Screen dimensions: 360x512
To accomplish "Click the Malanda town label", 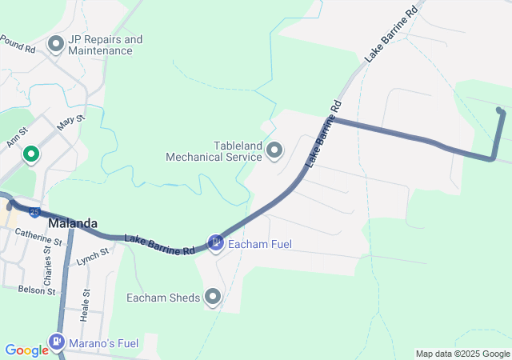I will pyautogui.click(x=72, y=223).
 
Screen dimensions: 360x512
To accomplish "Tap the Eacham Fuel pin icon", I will pyautogui.click(x=215, y=242).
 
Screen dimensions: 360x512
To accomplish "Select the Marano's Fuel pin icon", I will pyautogui.click(x=57, y=343).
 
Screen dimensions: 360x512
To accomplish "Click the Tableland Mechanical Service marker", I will pyautogui.click(x=274, y=150).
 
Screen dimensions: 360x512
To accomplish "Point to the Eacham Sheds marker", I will pyautogui.click(x=213, y=298).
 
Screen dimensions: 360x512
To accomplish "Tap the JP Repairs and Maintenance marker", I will pyautogui.click(x=56, y=44).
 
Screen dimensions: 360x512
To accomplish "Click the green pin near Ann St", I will pyautogui.click(x=31, y=154).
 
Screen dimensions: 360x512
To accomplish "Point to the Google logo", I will pyautogui.click(x=26, y=350).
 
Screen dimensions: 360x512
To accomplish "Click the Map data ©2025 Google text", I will pyautogui.click(x=462, y=354).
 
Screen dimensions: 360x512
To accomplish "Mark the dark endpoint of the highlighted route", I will pyautogui.click(x=500, y=110).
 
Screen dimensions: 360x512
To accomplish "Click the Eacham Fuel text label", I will pyautogui.click(x=260, y=243).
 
